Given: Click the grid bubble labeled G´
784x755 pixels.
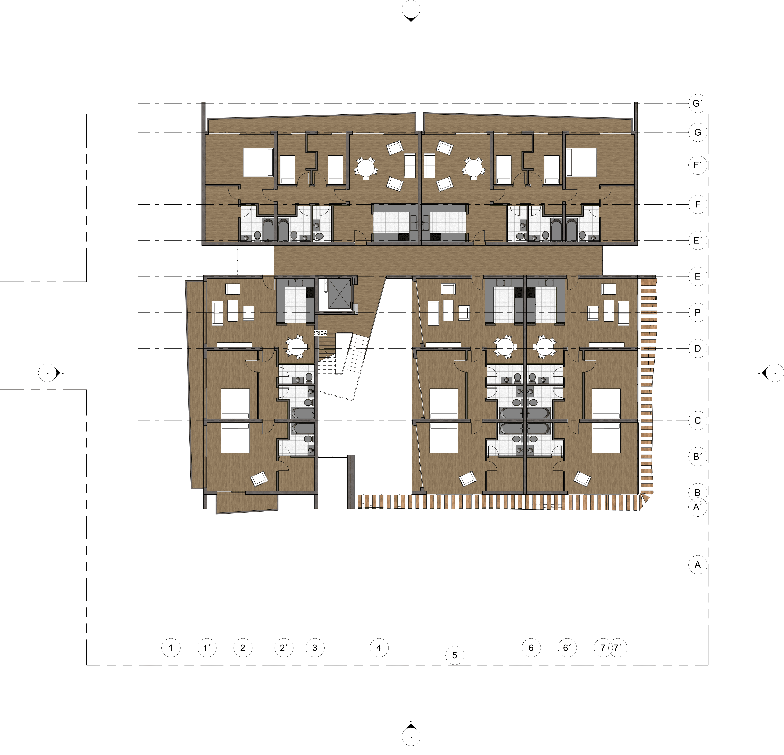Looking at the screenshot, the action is pos(698,104).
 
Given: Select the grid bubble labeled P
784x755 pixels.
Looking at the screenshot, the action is pos(698,312).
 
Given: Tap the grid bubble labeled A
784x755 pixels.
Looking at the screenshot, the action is pos(698,565).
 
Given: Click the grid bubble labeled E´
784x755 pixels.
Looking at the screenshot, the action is pos(698,240).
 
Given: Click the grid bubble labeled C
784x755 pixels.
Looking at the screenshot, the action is pos(698,420).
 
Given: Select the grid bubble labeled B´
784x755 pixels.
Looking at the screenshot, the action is pos(698,456).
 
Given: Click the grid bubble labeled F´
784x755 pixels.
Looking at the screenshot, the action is pos(698,165).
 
